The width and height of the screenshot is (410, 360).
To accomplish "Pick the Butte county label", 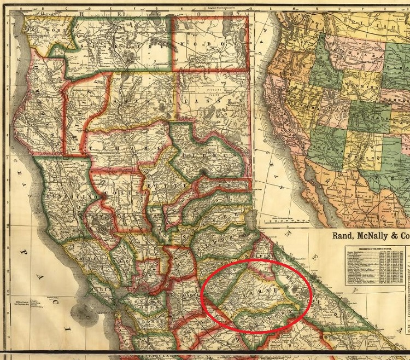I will pyautogui.click(x=159, y=187).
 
